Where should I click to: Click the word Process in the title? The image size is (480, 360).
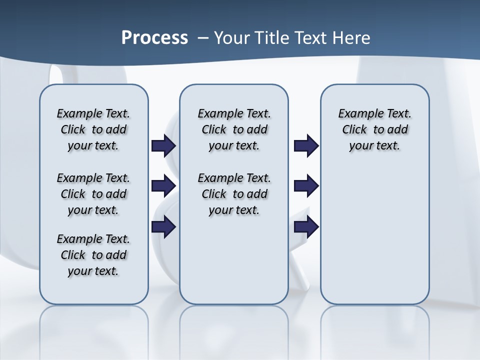pos(154,37)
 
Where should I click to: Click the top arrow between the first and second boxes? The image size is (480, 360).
pos(163,145)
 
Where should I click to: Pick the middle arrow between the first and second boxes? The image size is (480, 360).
pos(163,186)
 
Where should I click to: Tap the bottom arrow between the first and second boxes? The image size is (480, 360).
pos(163,226)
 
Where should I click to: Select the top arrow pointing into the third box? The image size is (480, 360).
pos(306,145)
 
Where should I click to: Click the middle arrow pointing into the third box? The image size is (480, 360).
pos(306,186)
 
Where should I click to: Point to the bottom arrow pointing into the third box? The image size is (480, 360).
pos(306,226)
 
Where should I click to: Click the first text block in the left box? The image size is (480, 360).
pos(93,129)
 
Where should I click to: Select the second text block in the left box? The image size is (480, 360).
pos(93,194)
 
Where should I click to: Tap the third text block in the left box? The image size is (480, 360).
pos(93,255)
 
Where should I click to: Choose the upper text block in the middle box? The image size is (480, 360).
pos(234,129)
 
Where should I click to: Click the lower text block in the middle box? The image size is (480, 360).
pos(234,194)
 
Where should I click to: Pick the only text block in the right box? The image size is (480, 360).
pos(375,129)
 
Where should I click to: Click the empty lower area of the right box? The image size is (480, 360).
pos(375,235)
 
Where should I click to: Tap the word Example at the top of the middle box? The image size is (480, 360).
pos(218,113)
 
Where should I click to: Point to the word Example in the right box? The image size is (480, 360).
pos(358,113)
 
